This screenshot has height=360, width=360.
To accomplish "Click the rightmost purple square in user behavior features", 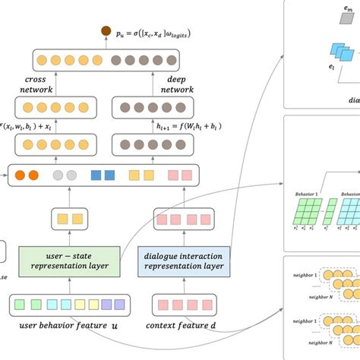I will click(x=118, y=305).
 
